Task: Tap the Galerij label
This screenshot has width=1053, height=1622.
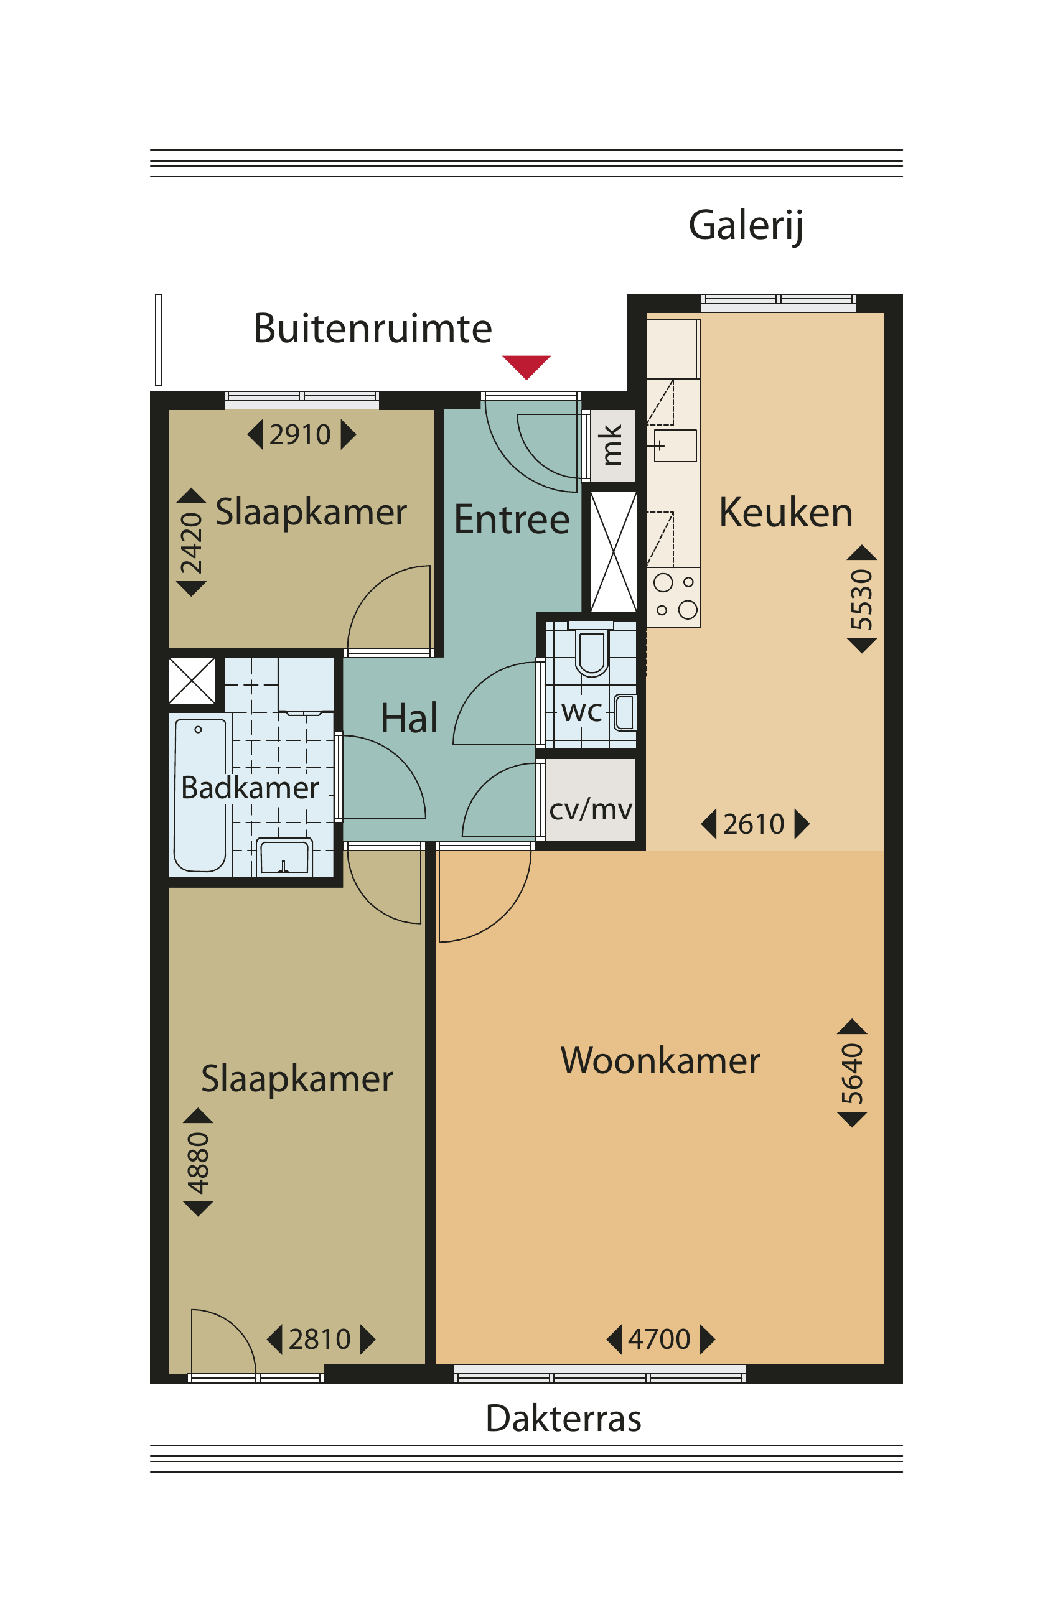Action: pos(746,226)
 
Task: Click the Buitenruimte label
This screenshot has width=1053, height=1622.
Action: pos(372,328)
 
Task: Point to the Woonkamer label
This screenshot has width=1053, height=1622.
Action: pos(660,1060)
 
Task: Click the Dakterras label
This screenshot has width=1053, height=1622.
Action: pos(563,1418)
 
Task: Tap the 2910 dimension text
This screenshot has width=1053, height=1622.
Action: pos(300,434)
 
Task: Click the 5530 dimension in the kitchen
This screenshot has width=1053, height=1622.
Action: pos(861,599)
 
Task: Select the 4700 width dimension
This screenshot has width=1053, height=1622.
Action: pos(659,1339)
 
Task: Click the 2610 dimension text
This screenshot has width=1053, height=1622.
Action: pos(754,824)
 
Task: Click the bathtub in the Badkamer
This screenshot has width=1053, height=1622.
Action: pos(200,795)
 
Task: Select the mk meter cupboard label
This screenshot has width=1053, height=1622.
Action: pos(611,445)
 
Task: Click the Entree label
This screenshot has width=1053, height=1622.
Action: pos(512,519)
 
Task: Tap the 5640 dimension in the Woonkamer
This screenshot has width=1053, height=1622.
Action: pos(852,1073)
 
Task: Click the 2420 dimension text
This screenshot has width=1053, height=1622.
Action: pos(191,543)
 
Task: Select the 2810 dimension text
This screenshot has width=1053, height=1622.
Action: pos(320,1339)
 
